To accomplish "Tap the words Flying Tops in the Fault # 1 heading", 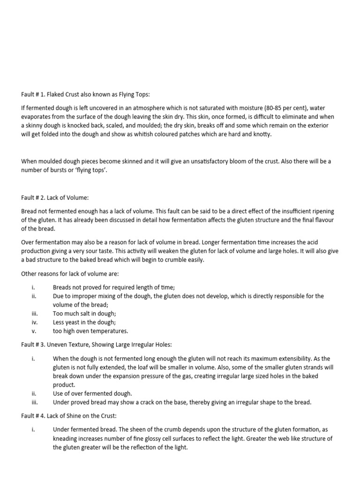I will point(134,94).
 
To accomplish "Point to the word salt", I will point(81,314).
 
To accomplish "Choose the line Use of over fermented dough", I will point(92,393).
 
